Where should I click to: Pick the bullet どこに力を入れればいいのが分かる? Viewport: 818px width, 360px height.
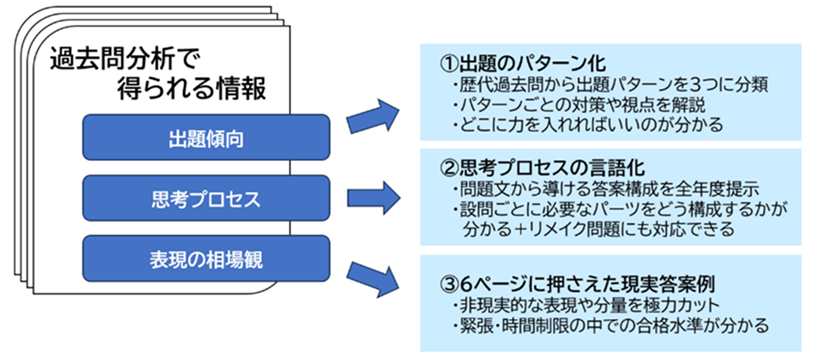[x=587, y=124]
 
